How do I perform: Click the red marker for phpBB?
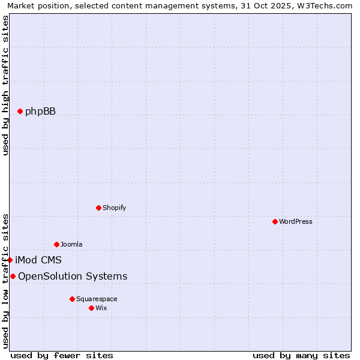click(20, 111)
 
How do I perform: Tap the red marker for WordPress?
click(275, 221)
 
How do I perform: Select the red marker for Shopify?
click(98, 208)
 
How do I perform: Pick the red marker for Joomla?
click(56, 244)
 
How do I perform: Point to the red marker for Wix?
click(91, 308)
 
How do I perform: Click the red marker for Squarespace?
click(72, 299)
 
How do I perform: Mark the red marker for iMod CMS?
click(10, 260)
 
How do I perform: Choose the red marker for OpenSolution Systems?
click(13, 276)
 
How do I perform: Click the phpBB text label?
click(40, 111)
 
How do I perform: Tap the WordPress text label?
click(296, 221)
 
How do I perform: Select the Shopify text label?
click(114, 208)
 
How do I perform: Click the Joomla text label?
click(71, 244)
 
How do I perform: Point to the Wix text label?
click(101, 308)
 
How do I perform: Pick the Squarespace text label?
click(97, 299)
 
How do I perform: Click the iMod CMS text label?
click(38, 260)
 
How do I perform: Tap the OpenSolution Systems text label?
click(73, 276)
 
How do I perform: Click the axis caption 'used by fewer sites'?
click(62, 355)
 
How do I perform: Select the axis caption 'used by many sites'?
click(301, 355)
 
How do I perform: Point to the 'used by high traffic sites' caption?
click(5, 85)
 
